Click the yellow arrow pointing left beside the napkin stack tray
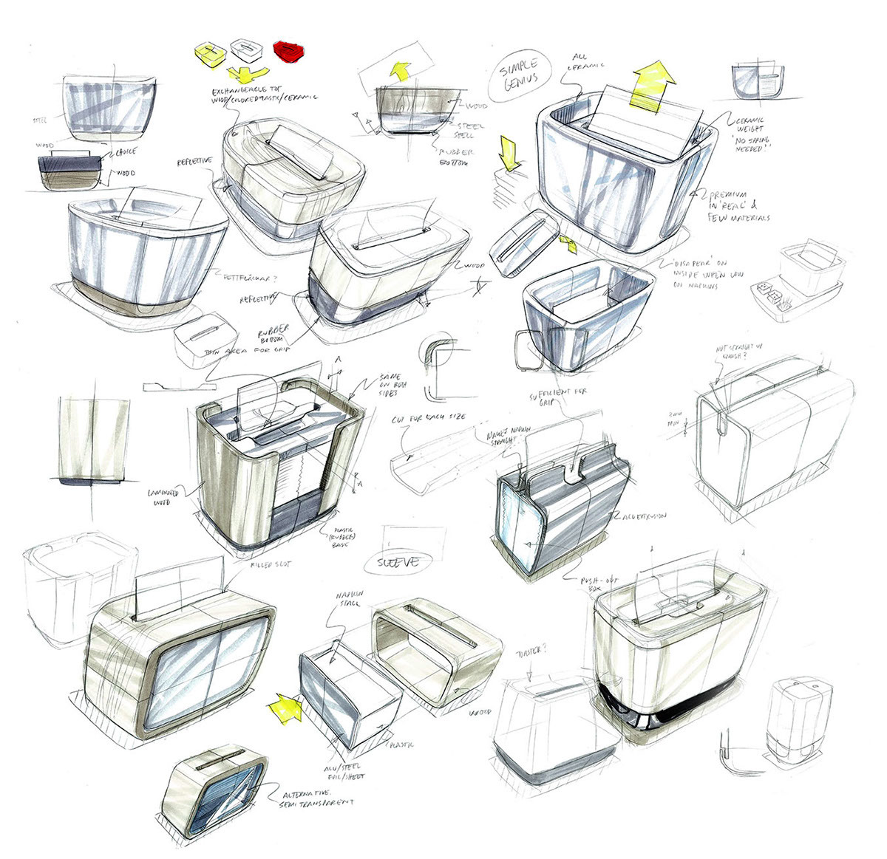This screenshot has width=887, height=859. pos(287,708)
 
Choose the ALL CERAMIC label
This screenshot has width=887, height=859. pos(588,61)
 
